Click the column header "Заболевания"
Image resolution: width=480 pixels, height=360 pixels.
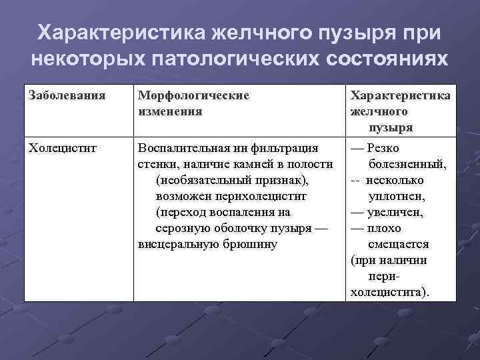67,95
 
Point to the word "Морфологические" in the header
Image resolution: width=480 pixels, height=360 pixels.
193,95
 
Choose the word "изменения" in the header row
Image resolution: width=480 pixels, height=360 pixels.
169,111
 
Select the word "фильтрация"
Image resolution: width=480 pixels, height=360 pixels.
287,148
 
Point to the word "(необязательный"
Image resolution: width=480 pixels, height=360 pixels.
200,180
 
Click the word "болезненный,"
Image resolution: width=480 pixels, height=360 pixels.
407,164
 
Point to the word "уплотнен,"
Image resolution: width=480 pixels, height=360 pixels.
397,196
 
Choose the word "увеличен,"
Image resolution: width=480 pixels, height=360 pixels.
395,212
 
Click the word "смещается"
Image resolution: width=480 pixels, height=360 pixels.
398,244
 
